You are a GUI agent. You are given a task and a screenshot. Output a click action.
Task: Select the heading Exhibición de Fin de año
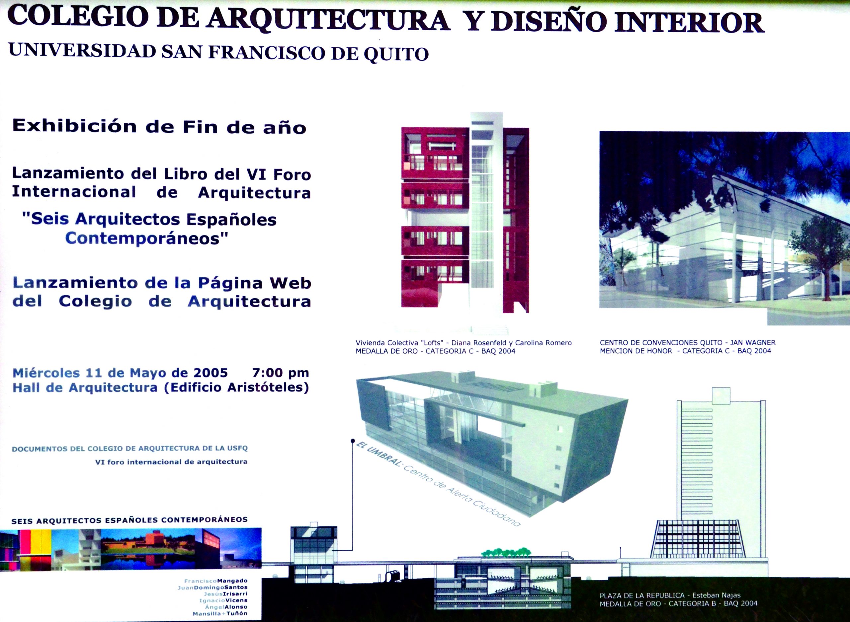point(159,126)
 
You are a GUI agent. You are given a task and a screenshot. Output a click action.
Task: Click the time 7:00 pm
point(280,373)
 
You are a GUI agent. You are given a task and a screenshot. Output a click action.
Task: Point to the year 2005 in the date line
point(211,373)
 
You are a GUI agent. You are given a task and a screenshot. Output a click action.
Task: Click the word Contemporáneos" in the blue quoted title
point(147,238)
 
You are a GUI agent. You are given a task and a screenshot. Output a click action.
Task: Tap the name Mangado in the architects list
point(232,581)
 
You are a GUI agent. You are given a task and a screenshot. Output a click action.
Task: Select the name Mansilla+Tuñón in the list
point(220,613)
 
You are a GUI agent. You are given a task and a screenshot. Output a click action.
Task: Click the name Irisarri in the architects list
point(235,594)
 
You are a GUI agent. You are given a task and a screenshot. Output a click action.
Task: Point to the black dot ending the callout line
point(353,441)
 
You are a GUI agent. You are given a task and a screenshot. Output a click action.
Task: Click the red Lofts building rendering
point(465,213)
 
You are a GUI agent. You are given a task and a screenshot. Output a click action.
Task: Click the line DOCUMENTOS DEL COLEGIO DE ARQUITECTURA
point(130,449)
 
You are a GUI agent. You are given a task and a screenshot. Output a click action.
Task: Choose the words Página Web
point(255,283)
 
